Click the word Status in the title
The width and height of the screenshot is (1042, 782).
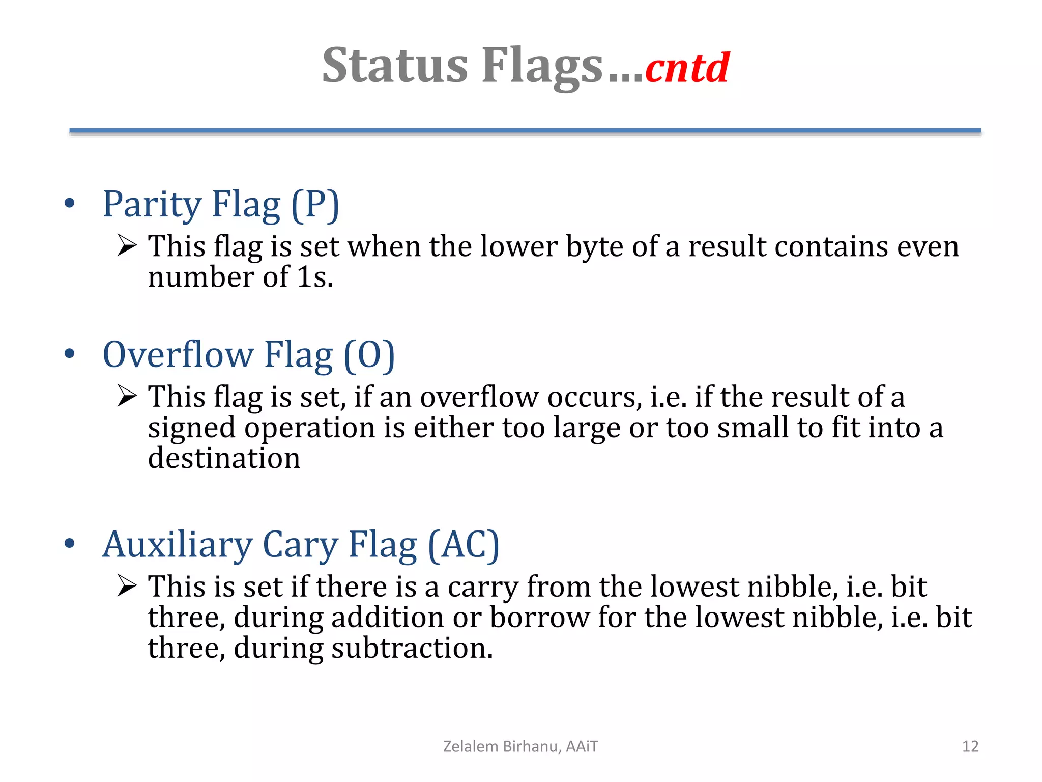[x=395, y=66]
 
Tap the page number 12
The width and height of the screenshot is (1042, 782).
[x=970, y=746]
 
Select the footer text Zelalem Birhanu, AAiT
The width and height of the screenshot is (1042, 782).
[x=520, y=746]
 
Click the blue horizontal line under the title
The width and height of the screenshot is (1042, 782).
[x=525, y=131]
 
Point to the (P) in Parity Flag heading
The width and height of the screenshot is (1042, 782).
[x=315, y=205]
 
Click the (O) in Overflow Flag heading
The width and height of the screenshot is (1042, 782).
[x=369, y=355]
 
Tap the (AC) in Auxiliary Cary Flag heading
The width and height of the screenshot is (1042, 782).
[x=464, y=545]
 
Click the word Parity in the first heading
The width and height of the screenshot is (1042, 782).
[x=152, y=205]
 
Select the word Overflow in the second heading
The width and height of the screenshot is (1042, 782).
[x=178, y=355]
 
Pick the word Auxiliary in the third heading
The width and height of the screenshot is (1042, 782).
[x=177, y=545]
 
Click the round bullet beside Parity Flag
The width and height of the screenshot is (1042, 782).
[x=70, y=204]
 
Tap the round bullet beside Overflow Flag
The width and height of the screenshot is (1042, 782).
[x=70, y=354]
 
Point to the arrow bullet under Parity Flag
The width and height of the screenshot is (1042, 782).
[x=127, y=245]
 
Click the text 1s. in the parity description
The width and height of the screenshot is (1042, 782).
[x=315, y=277]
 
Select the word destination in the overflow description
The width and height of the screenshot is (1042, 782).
[x=224, y=458]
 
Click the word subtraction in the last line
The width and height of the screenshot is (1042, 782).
[x=412, y=649]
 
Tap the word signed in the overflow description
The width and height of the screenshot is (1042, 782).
[x=191, y=428]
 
